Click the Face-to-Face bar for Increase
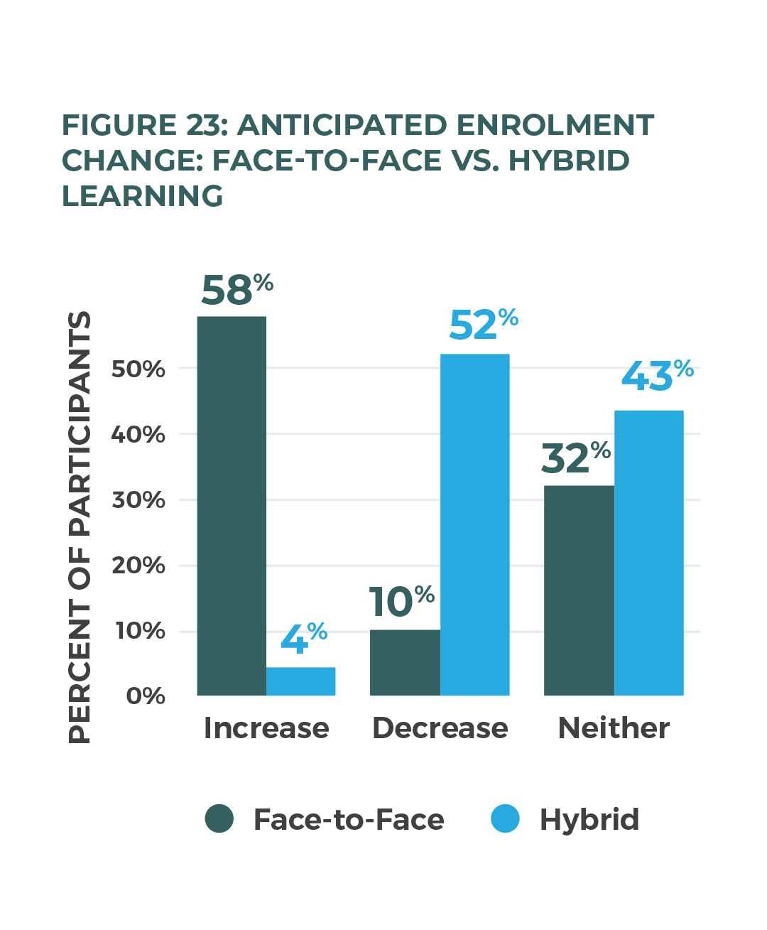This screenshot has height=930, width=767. pyautogui.click(x=232, y=506)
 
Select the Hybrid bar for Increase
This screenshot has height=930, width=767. pyautogui.click(x=300, y=681)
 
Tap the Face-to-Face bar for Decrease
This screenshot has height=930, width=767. pyautogui.click(x=405, y=662)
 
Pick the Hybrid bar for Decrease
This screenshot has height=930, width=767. pyautogui.click(x=474, y=524)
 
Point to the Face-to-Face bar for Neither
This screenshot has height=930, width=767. pyautogui.click(x=579, y=590)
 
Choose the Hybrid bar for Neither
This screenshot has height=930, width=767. pyautogui.click(x=648, y=553)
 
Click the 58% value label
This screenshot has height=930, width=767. pyautogui.click(x=236, y=290)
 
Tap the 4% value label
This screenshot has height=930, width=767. pyautogui.click(x=303, y=638)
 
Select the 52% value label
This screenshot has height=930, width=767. pyautogui.click(x=483, y=325)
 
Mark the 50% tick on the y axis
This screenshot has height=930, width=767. pyautogui.click(x=138, y=369)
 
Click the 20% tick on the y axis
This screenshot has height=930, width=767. pyautogui.click(x=138, y=566)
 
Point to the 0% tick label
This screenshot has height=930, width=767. pyautogui.click(x=146, y=696)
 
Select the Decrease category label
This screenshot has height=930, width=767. pyautogui.click(x=440, y=728)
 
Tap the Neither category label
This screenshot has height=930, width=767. pyautogui.click(x=614, y=728)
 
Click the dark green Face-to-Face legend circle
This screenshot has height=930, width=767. pyautogui.click(x=219, y=818)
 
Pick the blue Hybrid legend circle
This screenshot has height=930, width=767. pyautogui.click(x=506, y=818)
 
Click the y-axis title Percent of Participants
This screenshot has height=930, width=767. pyautogui.click(x=80, y=527)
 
